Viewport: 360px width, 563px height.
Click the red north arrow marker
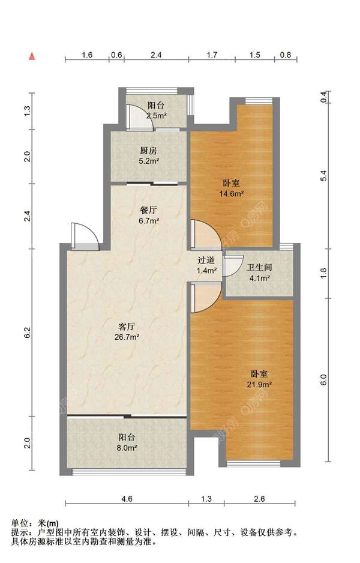pyautogui.click(x=32, y=56)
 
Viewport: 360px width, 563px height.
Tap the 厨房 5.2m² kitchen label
pyautogui.click(x=149, y=155)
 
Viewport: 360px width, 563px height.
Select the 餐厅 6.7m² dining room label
pyautogui.click(x=149, y=215)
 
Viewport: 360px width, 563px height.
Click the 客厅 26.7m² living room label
pyautogui.click(x=127, y=332)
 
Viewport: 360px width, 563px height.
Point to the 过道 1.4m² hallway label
pyautogui.click(x=206, y=265)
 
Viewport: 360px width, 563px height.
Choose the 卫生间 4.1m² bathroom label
pyautogui.click(x=259, y=272)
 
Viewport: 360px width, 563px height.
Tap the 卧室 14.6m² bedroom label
pyautogui.click(x=232, y=188)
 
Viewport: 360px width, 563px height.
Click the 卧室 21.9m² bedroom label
pyautogui.click(x=259, y=379)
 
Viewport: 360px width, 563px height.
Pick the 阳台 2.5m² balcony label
pyautogui.click(x=156, y=110)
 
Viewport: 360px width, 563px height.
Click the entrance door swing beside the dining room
pyautogui.click(x=85, y=236)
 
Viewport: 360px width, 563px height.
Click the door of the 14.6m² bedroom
pyautogui.click(x=206, y=234)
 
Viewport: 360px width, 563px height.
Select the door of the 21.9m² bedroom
pyautogui.click(x=206, y=297)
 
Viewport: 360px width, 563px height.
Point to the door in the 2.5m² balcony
pyautogui.click(x=140, y=116)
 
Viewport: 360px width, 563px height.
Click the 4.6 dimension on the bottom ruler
pyautogui.click(x=127, y=499)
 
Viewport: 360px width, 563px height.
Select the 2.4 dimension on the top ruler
pyautogui.click(x=156, y=55)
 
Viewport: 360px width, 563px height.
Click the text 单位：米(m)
pyautogui.click(x=35, y=523)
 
